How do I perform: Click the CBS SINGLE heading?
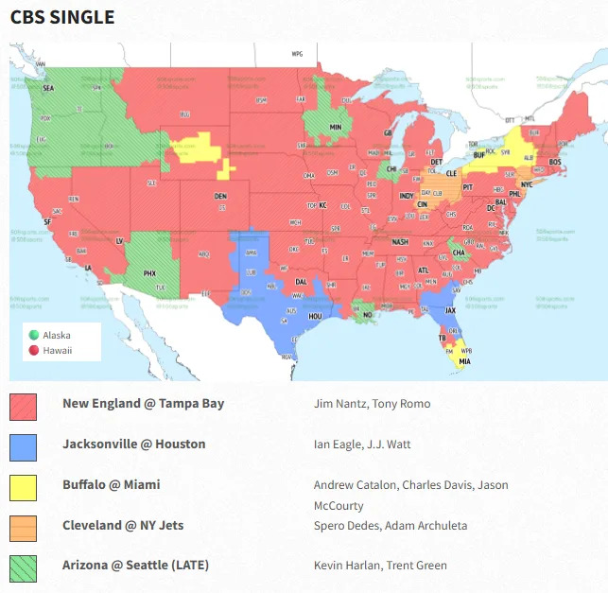(x=62, y=18)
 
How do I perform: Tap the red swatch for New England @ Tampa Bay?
(x=23, y=408)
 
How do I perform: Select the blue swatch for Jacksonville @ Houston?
(x=23, y=447)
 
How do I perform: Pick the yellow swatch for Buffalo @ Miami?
(x=23, y=488)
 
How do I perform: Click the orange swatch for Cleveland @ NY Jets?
(x=23, y=528)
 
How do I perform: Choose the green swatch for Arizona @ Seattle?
(x=23, y=568)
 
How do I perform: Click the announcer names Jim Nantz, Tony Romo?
(x=372, y=404)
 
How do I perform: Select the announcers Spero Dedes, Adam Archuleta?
(x=391, y=526)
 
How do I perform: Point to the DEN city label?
(x=220, y=196)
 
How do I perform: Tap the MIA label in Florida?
(x=464, y=361)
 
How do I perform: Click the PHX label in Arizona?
(x=149, y=272)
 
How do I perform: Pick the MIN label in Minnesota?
(x=335, y=127)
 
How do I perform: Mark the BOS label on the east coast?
(x=556, y=162)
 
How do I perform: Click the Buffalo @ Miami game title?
(x=111, y=484)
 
